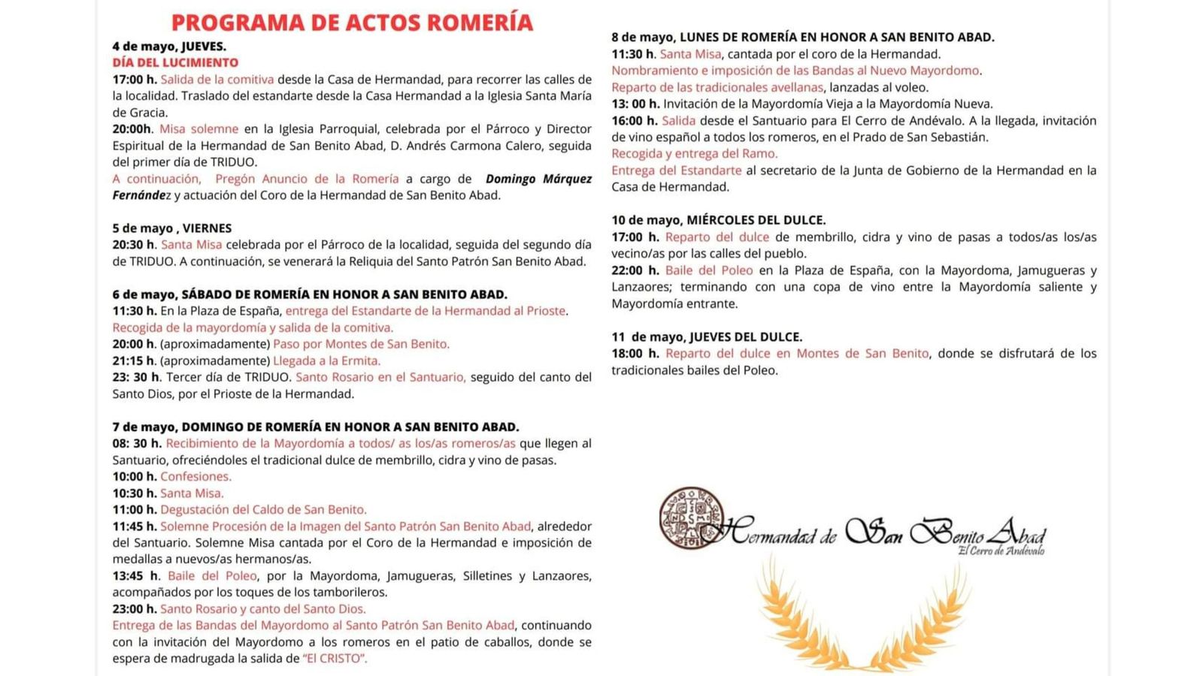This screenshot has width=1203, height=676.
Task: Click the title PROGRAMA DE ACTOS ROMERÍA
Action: coord(352,23)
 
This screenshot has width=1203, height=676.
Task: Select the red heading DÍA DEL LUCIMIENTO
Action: coord(175,62)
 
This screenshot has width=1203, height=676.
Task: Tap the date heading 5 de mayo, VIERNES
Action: coord(172,228)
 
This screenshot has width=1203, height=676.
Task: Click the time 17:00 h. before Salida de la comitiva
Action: coord(135,79)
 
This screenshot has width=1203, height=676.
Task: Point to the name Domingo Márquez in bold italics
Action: coord(538,179)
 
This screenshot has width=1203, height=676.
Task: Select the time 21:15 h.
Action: coord(135,361)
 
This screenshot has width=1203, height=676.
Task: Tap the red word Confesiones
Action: coord(195,476)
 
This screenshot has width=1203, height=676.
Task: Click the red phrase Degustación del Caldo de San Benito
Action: coord(263,509)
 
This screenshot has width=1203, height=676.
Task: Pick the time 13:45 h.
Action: coord(136,575)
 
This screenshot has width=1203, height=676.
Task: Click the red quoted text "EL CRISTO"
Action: coord(335,659)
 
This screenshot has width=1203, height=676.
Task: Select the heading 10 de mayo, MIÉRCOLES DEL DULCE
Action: coord(718,220)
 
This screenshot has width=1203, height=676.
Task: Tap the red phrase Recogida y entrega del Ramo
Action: coord(694,153)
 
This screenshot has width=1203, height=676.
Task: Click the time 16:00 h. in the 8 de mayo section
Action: coord(634,120)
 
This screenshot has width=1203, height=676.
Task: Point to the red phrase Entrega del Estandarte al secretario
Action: coord(676,170)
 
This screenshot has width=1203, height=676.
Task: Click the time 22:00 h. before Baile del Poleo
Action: coord(635,270)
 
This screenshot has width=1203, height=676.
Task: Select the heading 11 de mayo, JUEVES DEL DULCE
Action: coord(706,336)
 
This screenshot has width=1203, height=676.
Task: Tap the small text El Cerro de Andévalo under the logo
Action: coord(1001,551)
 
